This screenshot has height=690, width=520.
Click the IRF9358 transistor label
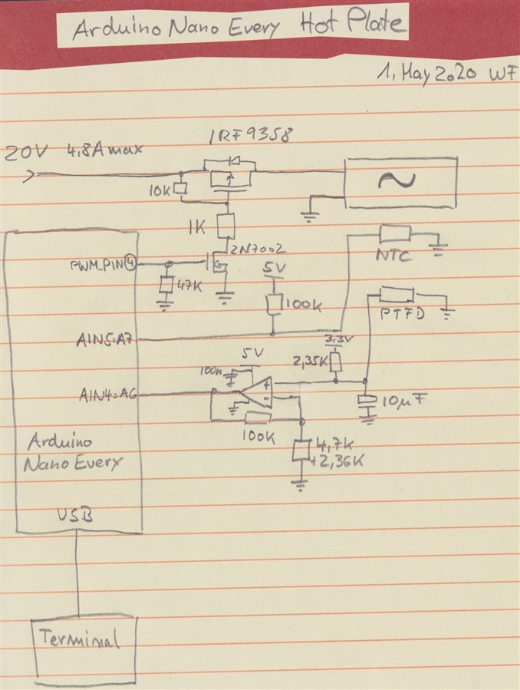(249, 138)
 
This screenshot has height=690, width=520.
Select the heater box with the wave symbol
(401, 181)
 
